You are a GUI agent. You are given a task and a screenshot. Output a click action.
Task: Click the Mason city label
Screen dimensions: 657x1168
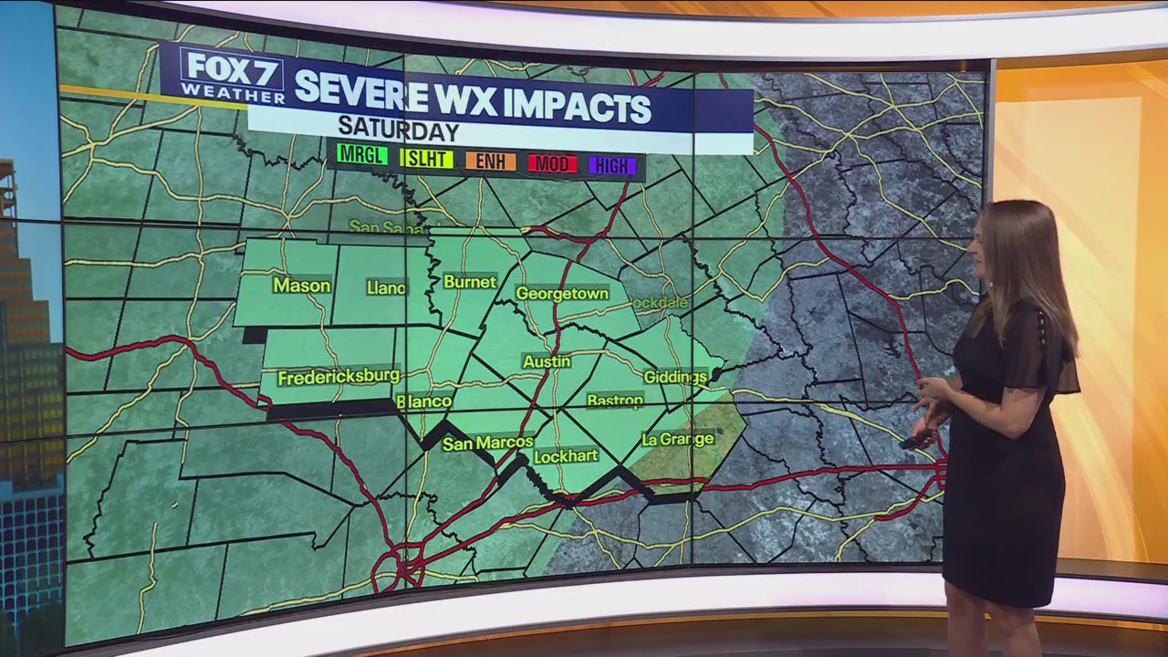pyautogui.click(x=301, y=286)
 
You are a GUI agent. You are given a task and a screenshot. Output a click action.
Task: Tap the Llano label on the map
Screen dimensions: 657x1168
pyautogui.click(x=386, y=287)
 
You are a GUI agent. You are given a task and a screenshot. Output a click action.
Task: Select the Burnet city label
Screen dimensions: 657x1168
pyautogui.click(x=470, y=282)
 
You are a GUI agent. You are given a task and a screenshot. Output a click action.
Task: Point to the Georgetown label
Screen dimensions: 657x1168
pyautogui.click(x=562, y=294)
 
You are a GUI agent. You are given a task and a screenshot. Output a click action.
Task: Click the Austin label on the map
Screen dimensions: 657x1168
pyautogui.click(x=547, y=361)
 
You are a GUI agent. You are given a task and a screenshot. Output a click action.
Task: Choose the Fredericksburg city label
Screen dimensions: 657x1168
pyautogui.click(x=339, y=376)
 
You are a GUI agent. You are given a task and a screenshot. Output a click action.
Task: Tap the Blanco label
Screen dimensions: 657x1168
pyautogui.click(x=424, y=401)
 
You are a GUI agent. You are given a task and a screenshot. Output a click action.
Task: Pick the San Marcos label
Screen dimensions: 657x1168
pyautogui.click(x=487, y=443)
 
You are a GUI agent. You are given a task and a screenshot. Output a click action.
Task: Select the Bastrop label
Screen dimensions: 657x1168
pyautogui.click(x=615, y=401)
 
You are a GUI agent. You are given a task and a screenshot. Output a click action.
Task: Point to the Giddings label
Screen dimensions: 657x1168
pyautogui.click(x=675, y=377)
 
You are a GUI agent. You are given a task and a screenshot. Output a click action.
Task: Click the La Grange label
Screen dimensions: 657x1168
pyautogui.click(x=677, y=439)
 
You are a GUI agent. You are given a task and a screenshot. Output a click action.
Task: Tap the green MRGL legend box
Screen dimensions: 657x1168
pyautogui.click(x=362, y=155)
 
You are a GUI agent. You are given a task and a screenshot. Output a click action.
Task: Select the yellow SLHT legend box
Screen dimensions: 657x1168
pyautogui.click(x=426, y=159)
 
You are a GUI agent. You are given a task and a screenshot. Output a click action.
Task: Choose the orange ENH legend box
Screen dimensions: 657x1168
pyautogui.click(x=491, y=162)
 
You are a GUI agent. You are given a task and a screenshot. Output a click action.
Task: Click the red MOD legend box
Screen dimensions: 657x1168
pyautogui.click(x=552, y=164)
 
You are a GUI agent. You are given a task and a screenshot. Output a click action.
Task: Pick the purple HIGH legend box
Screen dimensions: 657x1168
pyautogui.click(x=612, y=166)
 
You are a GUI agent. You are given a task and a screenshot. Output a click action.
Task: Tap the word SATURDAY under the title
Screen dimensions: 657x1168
pyautogui.click(x=398, y=130)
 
